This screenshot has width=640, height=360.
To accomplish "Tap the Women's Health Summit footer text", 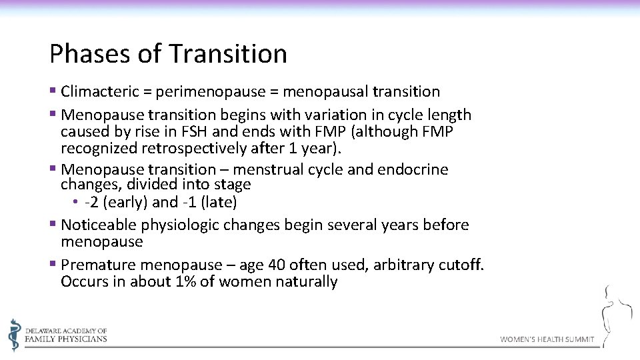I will click(x=547, y=339).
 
